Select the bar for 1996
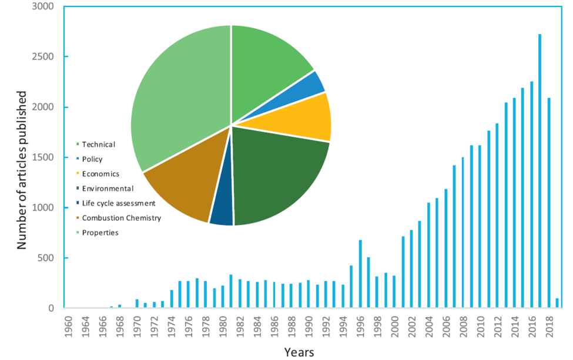tap(360, 274)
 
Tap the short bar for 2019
tap(557, 303)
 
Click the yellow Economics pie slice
tap(309, 117)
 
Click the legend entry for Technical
tap(98, 144)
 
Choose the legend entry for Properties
tap(100, 233)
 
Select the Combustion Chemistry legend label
tap(121, 218)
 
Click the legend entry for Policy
tap(93, 159)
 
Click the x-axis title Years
tap(299, 352)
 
